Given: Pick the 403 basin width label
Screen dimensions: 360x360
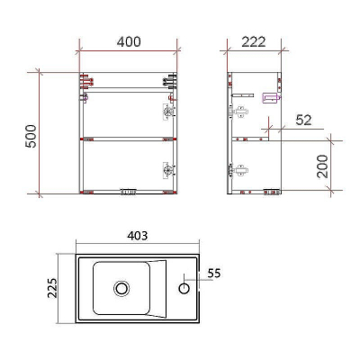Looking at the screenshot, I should pos(138,236).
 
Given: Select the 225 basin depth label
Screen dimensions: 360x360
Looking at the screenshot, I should pos(52,289).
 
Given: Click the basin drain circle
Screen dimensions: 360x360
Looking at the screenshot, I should pos(121,289).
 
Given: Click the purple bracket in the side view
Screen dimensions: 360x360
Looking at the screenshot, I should pos(267,98).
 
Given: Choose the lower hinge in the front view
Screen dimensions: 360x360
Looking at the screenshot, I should pos(166,168).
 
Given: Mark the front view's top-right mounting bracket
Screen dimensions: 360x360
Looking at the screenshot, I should pos(166,80).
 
